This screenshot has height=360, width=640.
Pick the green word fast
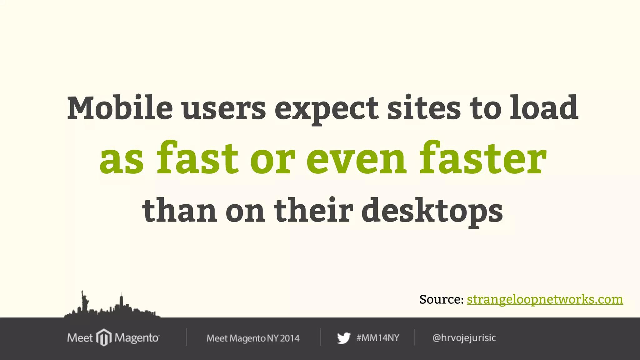(x=197, y=158)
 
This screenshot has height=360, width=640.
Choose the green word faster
(x=483, y=158)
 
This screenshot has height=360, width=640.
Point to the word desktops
(x=432, y=212)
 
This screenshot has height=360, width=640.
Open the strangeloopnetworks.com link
(x=545, y=299)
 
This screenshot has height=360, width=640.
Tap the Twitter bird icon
(x=344, y=338)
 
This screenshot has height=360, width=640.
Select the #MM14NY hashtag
(x=378, y=338)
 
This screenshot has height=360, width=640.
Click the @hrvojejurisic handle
(x=464, y=338)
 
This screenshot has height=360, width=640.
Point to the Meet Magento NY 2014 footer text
(x=253, y=338)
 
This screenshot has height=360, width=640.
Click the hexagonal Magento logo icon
(x=104, y=337)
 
